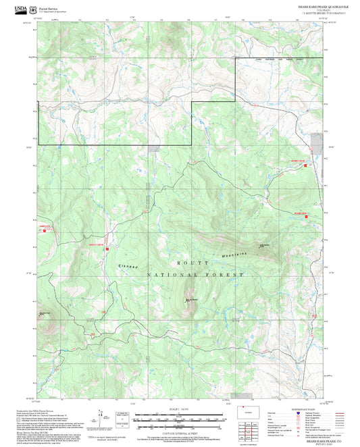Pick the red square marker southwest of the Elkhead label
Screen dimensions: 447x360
coord(107,248)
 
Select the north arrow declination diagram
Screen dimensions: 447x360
coord(101,419)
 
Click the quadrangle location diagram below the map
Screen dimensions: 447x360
coord(253,413)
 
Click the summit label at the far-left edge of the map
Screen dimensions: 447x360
coord(44,313)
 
